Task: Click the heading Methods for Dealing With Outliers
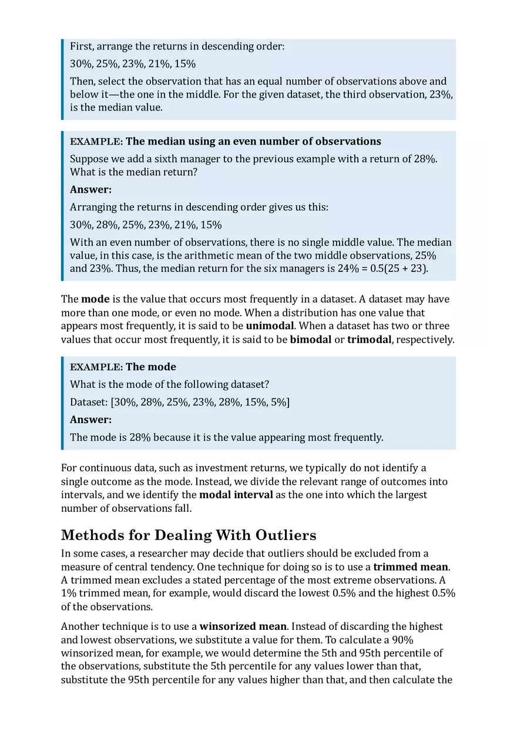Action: pyautogui.click(x=189, y=535)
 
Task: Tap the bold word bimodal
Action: pyautogui.click(x=311, y=340)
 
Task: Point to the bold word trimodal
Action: pyautogui.click(x=369, y=340)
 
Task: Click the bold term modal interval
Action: pyautogui.click(x=236, y=495)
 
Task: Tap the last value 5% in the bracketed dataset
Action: pyautogui.click(x=279, y=402)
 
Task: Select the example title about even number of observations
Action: pyautogui.click(x=253, y=142)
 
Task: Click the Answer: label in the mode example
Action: pyautogui.click(x=90, y=420)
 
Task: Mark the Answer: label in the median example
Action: pyautogui.click(x=90, y=189)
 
